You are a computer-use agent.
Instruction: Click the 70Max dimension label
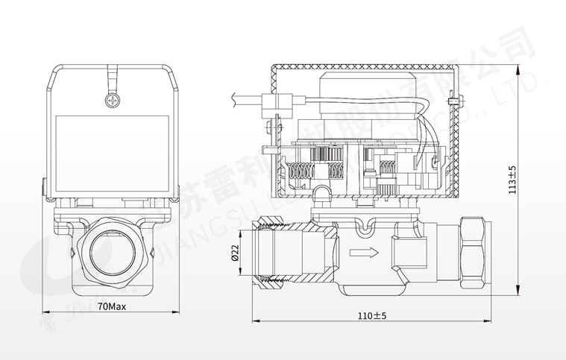(112, 306)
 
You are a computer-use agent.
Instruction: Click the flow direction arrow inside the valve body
(364, 252)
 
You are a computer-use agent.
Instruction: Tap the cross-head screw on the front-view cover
(113, 99)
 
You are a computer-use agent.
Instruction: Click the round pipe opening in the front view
(112, 252)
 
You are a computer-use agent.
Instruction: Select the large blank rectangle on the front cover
(112, 149)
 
